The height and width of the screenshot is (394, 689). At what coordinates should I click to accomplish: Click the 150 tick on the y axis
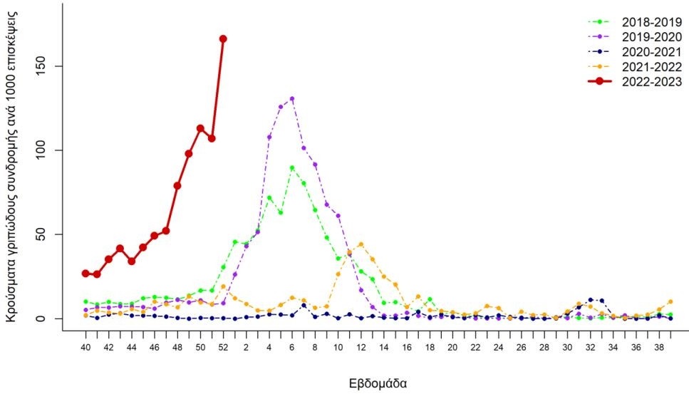pyautogui.click(x=51, y=66)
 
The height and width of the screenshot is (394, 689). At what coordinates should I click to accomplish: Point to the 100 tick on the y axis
pyautogui.click(x=51, y=150)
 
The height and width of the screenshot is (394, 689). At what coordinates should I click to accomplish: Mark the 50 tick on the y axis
pyautogui.click(x=51, y=234)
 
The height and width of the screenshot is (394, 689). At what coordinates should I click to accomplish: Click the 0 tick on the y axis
pyautogui.click(x=51, y=318)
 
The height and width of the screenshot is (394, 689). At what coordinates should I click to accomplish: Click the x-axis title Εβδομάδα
pyautogui.click(x=378, y=383)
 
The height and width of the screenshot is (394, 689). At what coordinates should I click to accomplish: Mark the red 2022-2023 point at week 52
pyautogui.click(x=223, y=38)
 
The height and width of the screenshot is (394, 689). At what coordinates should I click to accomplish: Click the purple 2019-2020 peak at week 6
pyautogui.click(x=292, y=98)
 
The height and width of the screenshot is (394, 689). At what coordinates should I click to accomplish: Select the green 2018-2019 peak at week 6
pyautogui.click(x=292, y=168)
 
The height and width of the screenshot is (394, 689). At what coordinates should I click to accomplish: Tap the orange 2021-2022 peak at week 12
pyautogui.click(x=361, y=244)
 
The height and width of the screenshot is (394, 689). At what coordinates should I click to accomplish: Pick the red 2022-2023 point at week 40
pyautogui.click(x=86, y=273)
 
